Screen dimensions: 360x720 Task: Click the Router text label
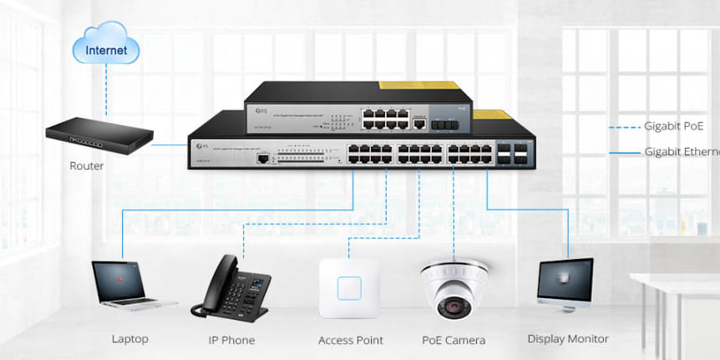click(87, 166)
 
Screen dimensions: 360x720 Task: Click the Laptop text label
click(129, 339)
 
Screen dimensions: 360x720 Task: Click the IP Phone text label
click(231, 340)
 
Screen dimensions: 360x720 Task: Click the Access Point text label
click(351, 340)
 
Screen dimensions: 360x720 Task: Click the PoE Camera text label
click(454, 340)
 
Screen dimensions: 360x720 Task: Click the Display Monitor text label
click(568, 339)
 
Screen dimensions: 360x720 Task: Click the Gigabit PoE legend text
click(674, 127)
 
